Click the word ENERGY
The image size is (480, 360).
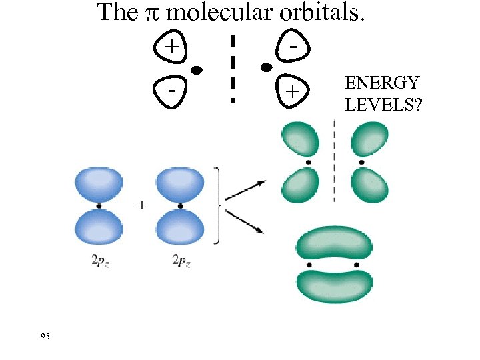coord(382,83)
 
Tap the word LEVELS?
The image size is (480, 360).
coord(383,104)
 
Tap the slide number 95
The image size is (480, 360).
coord(45,336)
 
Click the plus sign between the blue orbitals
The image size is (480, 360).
coord(142,205)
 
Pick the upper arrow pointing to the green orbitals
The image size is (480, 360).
coord(245,189)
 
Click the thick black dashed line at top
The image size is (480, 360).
coord(233,67)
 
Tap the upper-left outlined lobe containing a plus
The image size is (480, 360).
coord(172,47)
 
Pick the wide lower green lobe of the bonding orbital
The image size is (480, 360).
coord(335,285)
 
